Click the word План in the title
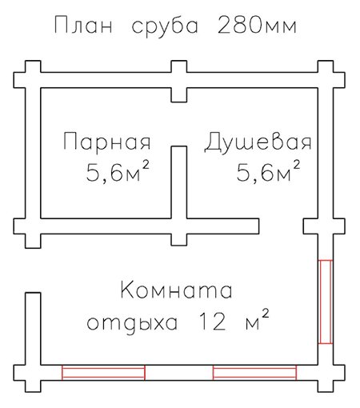(x=83, y=25)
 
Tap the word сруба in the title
(x=166, y=27)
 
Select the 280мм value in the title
(x=258, y=26)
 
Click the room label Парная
(x=107, y=142)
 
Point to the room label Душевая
(x=258, y=142)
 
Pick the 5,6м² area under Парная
(x=118, y=171)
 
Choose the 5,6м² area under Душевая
(x=268, y=171)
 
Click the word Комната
(x=176, y=290)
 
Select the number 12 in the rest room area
(x=213, y=322)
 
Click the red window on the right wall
(x=326, y=302)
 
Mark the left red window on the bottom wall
(x=103, y=372)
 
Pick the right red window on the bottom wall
(x=254, y=372)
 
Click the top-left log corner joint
(x=33, y=80)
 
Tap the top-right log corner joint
(x=326, y=80)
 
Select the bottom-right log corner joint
(x=326, y=373)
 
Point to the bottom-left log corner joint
(x=33, y=373)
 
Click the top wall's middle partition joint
(x=178, y=81)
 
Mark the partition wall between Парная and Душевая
(x=178, y=182)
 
